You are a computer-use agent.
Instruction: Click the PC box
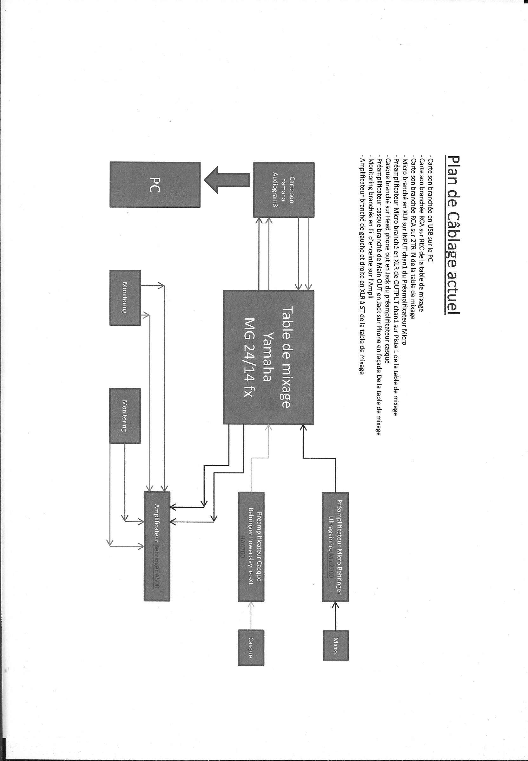coord(155,185)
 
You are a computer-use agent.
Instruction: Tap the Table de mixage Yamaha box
coord(269,357)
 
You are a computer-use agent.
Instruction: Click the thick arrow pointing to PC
coord(227,180)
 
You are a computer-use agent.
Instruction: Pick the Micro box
coord(336,645)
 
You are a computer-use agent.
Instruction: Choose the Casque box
coord(251,647)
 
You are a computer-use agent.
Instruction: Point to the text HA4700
coord(242,547)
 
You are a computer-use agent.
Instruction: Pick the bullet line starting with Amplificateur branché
coord(363,264)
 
